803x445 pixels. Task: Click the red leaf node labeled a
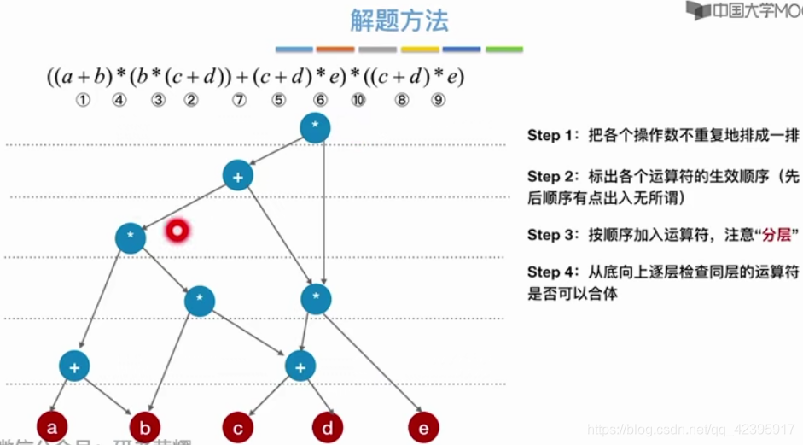point(52,427)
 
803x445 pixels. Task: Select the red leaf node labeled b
point(145,427)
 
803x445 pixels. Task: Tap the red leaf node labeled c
point(237,427)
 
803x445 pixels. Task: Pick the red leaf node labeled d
point(327,427)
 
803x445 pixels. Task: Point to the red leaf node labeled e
point(423,427)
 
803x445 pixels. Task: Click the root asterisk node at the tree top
point(315,127)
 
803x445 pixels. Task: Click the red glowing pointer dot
point(177,230)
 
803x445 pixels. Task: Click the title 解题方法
point(399,20)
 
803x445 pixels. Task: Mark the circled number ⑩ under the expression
point(358,100)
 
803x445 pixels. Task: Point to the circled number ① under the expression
point(83,100)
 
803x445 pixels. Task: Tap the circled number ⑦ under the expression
point(239,100)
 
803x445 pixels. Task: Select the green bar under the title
point(503,50)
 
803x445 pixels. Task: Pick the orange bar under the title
point(335,50)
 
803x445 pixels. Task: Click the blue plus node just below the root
point(237,175)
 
